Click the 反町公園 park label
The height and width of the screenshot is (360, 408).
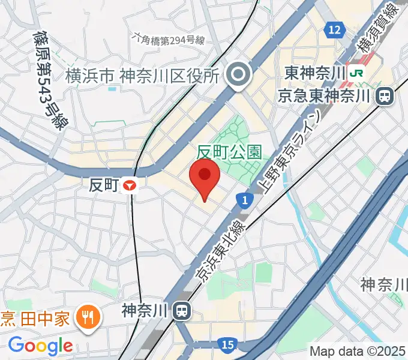[x=230, y=151]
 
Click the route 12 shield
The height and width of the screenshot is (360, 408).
[x=335, y=29]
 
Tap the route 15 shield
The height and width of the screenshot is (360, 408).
[x=227, y=345]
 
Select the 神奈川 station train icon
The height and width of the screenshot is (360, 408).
[x=181, y=310]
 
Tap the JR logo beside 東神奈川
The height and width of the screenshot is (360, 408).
[x=358, y=73]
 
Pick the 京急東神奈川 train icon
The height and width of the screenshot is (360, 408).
[x=385, y=95]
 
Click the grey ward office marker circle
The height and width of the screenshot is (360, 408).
[x=239, y=76]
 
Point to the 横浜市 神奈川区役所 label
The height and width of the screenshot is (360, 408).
[x=142, y=76]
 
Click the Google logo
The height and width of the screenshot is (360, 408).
[x=40, y=346]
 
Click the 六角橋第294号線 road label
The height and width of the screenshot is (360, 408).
[x=169, y=40]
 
